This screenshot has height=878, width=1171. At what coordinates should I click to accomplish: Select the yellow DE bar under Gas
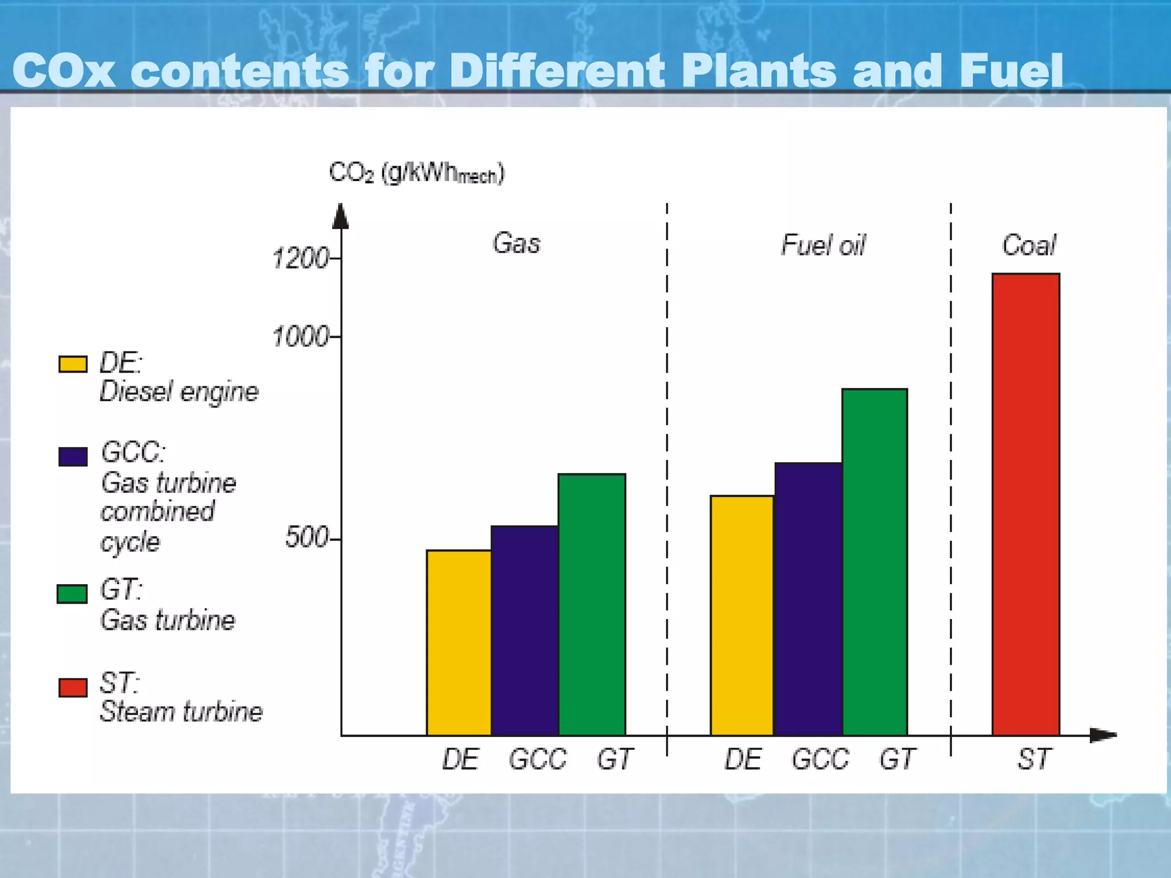[x=459, y=642]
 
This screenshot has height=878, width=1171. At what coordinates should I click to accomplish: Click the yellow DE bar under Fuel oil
[x=742, y=615]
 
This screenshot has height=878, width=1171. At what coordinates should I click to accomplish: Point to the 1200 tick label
[x=301, y=258]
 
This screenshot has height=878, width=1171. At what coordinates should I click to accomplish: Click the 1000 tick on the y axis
[x=301, y=337]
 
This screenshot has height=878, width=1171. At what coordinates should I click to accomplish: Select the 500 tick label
[x=307, y=538]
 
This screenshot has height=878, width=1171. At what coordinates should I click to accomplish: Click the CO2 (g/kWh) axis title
[x=416, y=173]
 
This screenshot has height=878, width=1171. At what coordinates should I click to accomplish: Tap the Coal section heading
[x=1029, y=245]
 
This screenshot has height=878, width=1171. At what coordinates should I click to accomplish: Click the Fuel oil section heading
[x=823, y=245]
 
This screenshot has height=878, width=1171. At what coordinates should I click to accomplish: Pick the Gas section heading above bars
[x=516, y=244]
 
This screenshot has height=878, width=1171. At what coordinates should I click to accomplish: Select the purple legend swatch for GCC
[x=73, y=457]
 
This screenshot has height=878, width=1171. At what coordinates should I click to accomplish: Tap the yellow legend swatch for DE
[x=73, y=364]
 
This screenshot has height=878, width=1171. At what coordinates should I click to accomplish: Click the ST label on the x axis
[x=1033, y=760]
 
